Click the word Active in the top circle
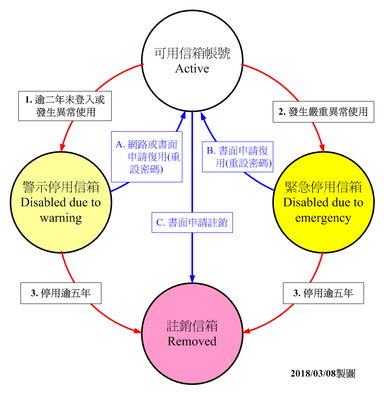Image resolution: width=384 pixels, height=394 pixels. [x=192, y=68]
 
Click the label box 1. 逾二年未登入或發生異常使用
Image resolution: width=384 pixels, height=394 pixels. [x=65, y=106]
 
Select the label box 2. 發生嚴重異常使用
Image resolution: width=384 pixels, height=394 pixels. [x=323, y=112]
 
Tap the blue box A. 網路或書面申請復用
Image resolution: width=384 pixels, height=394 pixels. [x=147, y=157]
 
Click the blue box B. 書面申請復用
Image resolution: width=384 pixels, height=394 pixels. [x=238, y=157]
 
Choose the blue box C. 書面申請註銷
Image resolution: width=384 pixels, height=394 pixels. [x=192, y=222]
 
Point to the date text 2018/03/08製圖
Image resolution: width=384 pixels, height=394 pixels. [x=323, y=373]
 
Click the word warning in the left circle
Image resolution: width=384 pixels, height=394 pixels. [x=61, y=218]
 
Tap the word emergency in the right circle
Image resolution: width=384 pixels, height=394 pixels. [x=323, y=218]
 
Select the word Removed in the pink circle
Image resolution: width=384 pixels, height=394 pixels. [x=192, y=341]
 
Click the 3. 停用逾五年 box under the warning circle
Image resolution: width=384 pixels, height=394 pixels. [x=61, y=293]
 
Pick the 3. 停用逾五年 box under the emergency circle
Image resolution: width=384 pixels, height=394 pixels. [x=323, y=293]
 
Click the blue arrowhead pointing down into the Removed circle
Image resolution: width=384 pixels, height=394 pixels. [x=192, y=278]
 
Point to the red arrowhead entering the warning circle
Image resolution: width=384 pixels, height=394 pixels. [x=62, y=148]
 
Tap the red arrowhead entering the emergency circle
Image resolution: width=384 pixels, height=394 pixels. [x=321, y=148]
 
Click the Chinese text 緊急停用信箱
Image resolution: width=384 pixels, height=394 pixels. [x=323, y=187]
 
